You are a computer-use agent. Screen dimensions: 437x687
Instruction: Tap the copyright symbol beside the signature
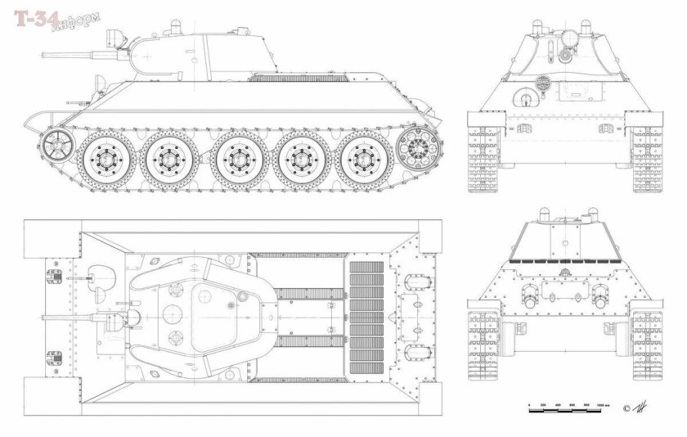[627, 407]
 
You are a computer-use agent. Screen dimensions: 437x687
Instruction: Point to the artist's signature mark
[646, 406]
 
